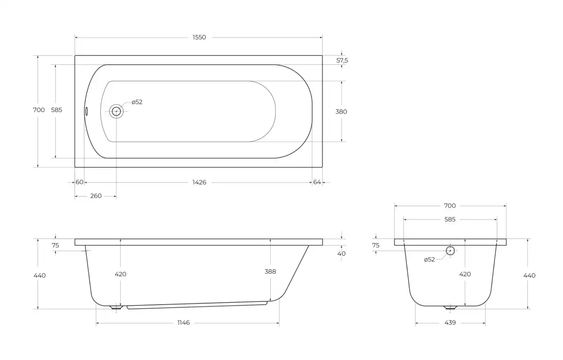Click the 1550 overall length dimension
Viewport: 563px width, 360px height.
click(x=199, y=38)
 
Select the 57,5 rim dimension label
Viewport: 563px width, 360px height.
click(x=342, y=61)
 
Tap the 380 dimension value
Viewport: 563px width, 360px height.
click(x=341, y=112)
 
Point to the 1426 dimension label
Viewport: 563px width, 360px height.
click(x=199, y=182)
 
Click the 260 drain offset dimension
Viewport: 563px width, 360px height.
click(x=96, y=196)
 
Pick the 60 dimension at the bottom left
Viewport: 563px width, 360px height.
click(x=79, y=182)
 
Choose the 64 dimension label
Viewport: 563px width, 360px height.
click(x=317, y=182)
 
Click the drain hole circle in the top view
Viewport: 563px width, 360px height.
click(x=116, y=111)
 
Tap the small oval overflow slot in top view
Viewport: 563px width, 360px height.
click(x=86, y=111)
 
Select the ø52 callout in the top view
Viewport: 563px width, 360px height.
click(x=137, y=102)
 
